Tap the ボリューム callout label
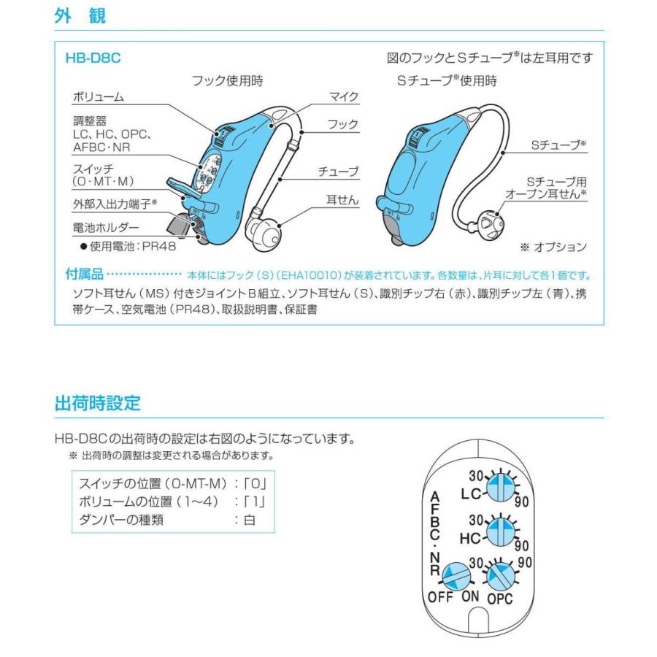[x=99, y=97]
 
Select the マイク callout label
[x=345, y=96]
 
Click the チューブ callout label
[x=339, y=172]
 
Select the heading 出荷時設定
[x=97, y=402]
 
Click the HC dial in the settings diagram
[x=502, y=533]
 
